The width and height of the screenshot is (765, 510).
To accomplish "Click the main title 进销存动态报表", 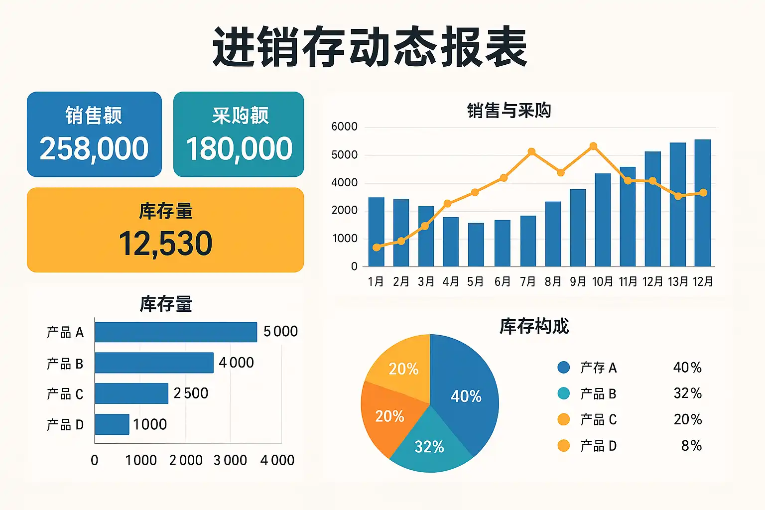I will (370, 47).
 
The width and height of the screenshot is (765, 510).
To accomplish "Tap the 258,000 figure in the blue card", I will (94, 148).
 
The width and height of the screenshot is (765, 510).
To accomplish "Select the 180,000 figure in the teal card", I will (239, 148).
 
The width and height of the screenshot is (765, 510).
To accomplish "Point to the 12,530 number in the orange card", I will (165, 244).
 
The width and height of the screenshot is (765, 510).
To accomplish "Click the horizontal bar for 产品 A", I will (176, 332).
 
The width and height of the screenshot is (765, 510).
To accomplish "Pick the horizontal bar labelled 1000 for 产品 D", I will (112, 424).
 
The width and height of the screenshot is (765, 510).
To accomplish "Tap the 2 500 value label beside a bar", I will (191, 393).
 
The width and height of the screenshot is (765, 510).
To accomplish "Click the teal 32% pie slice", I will (429, 445).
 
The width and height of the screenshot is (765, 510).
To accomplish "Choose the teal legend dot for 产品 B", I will (564, 393).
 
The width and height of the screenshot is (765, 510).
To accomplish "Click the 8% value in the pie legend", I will (692, 446).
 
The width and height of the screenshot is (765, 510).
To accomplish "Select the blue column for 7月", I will (528, 241).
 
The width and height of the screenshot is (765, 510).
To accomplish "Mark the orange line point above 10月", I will (593, 146).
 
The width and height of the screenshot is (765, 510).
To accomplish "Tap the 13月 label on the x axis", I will (678, 282).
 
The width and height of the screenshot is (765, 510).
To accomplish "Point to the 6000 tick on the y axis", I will (345, 127).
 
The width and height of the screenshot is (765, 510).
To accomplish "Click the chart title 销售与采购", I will (509, 111).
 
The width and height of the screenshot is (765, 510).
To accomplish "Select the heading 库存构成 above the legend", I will (534, 326).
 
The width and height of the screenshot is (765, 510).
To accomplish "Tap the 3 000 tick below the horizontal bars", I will (230, 461).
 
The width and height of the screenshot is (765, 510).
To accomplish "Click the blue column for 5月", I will (476, 245).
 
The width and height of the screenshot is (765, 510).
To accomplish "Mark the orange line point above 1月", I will (377, 248).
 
